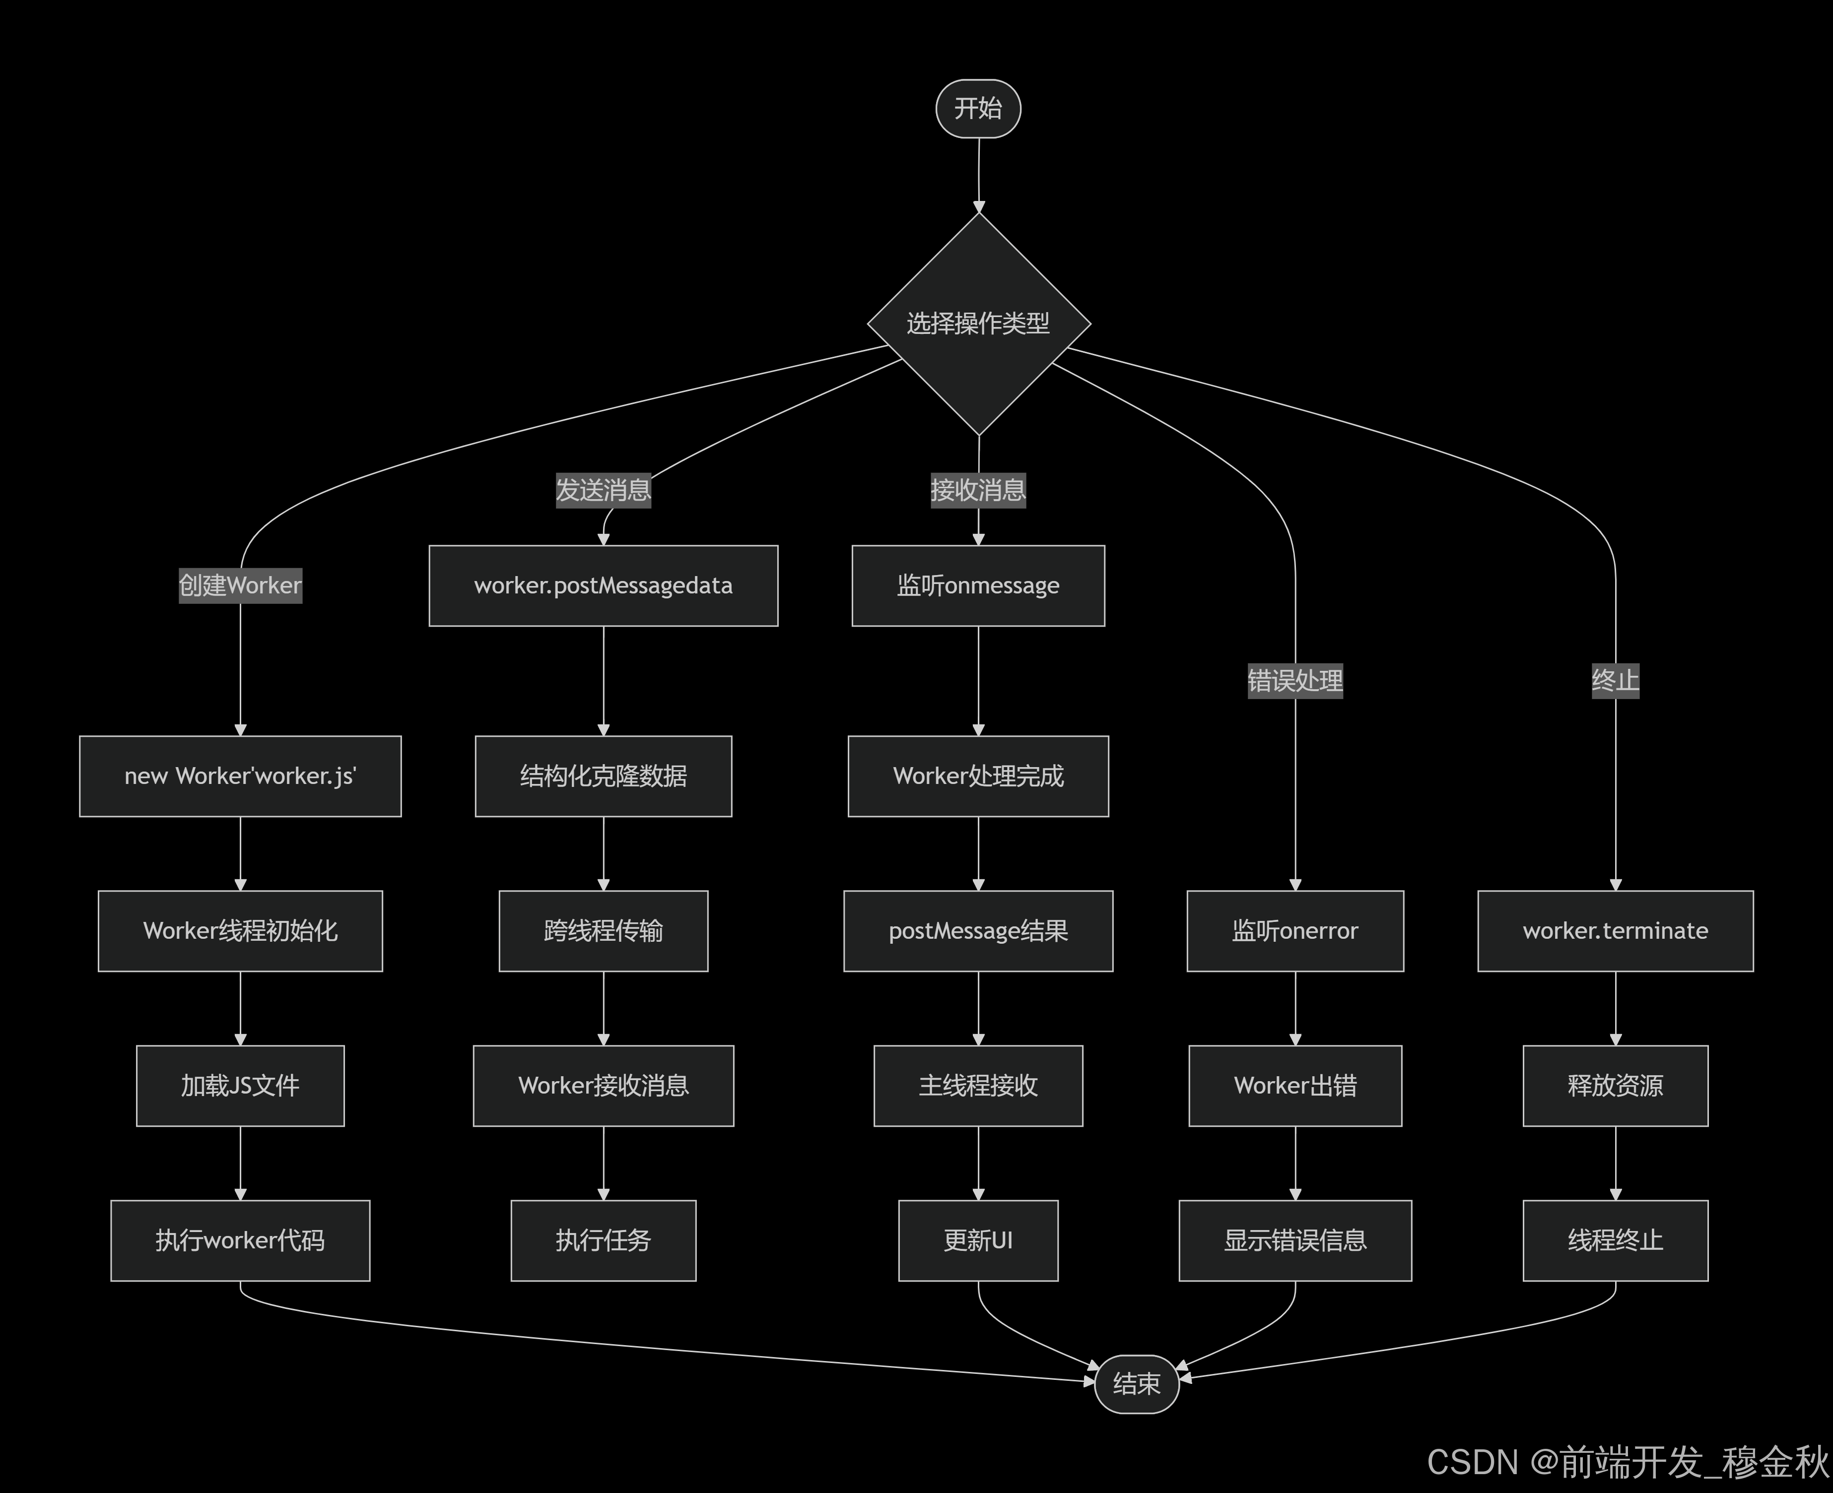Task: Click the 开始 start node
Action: pyautogui.click(x=978, y=108)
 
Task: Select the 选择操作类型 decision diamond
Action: pyautogui.click(x=978, y=324)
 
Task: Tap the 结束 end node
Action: pyautogui.click(x=1136, y=1383)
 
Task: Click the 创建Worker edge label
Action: pyautogui.click(x=240, y=585)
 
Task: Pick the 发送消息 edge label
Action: pyautogui.click(x=603, y=490)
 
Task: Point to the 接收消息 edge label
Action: pyautogui.click(x=978, y=490)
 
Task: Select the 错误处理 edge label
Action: pyautogui.click(x=1294, y=681)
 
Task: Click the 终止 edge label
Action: pyautogui.click(x=1615, y=681)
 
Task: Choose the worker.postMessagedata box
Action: pyautogui.click(x=603, y=585)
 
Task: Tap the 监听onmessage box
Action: pyautogui.click(x=978, y=585)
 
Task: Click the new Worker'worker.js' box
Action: pyautogui.click(x=240, y=776)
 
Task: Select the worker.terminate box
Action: pyautogui.click(x=1615, y=930)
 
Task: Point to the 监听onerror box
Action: pyautogui.click(x=1294, y=930)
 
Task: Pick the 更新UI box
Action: pyautogui.click(x=978, y=1240)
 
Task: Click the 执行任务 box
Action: pyautogui.click(x=603, y=1240)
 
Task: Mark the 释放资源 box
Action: pyautogui.click(x=1615, y=1085)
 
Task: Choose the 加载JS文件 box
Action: pyautogui.click(x=240, y=1085)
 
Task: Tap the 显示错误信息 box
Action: pyautogui.click(x=1294, y=1240)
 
